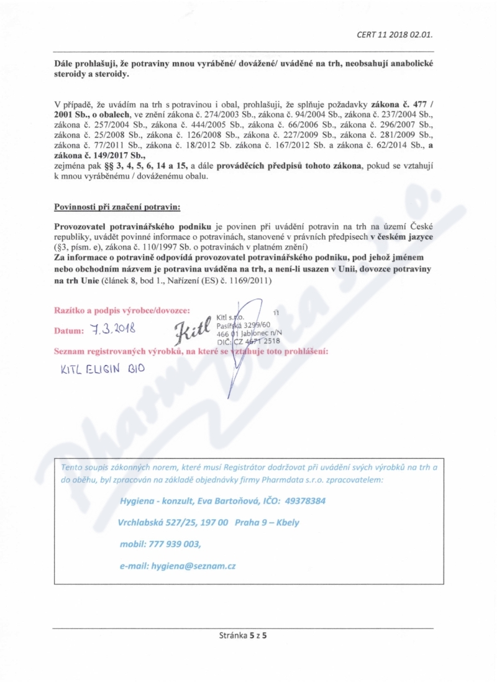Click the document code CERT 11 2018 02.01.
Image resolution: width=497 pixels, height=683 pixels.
pyautogui.click(x=394, y=35)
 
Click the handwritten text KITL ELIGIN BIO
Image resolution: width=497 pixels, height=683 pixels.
pyautogui.click(x=103, y=368)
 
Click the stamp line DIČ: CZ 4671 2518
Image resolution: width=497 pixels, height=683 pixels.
pyautogui.click(x=248, y=341)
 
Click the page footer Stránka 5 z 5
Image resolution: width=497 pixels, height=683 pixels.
pyautogui.click(x=247, y=635)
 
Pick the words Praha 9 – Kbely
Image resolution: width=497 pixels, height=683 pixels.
pyautogui.click(x=267, y=522)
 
